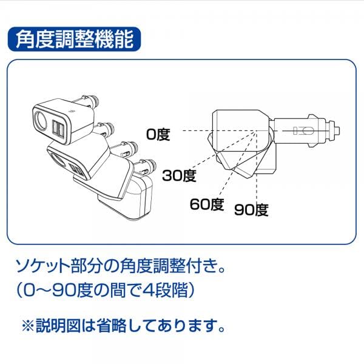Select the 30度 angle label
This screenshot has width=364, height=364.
point(179,177)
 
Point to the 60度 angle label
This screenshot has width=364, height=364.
point(206,204)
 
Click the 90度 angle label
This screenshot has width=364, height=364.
point(251,211)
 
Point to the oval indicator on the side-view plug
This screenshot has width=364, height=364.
point(302,130)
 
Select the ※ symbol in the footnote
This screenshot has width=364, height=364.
point(29,326)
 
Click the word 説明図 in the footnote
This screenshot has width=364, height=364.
point(61,326)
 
